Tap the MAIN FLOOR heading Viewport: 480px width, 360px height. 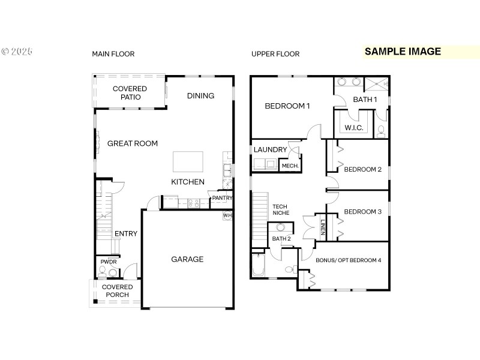(113, 54)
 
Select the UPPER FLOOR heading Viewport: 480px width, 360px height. (275, 54)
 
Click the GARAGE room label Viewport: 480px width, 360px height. (187, 259)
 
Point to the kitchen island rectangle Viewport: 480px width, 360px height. (188, 162)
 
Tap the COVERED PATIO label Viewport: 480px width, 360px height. (130, 93)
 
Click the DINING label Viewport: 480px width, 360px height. (200, 95)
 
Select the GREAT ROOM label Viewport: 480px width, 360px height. (133, 143)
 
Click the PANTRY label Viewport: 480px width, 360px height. (222, 198)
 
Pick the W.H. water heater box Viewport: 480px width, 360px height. (228, 215)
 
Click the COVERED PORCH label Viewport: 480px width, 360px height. (117, 291)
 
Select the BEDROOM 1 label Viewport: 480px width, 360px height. (287, 106)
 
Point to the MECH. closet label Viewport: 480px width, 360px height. (290, 166)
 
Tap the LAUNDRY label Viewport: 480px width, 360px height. (270, 149)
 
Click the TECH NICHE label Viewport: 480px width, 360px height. (281, 210)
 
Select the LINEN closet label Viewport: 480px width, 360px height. (323, 227)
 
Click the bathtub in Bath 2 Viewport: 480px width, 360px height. (259, 265)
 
